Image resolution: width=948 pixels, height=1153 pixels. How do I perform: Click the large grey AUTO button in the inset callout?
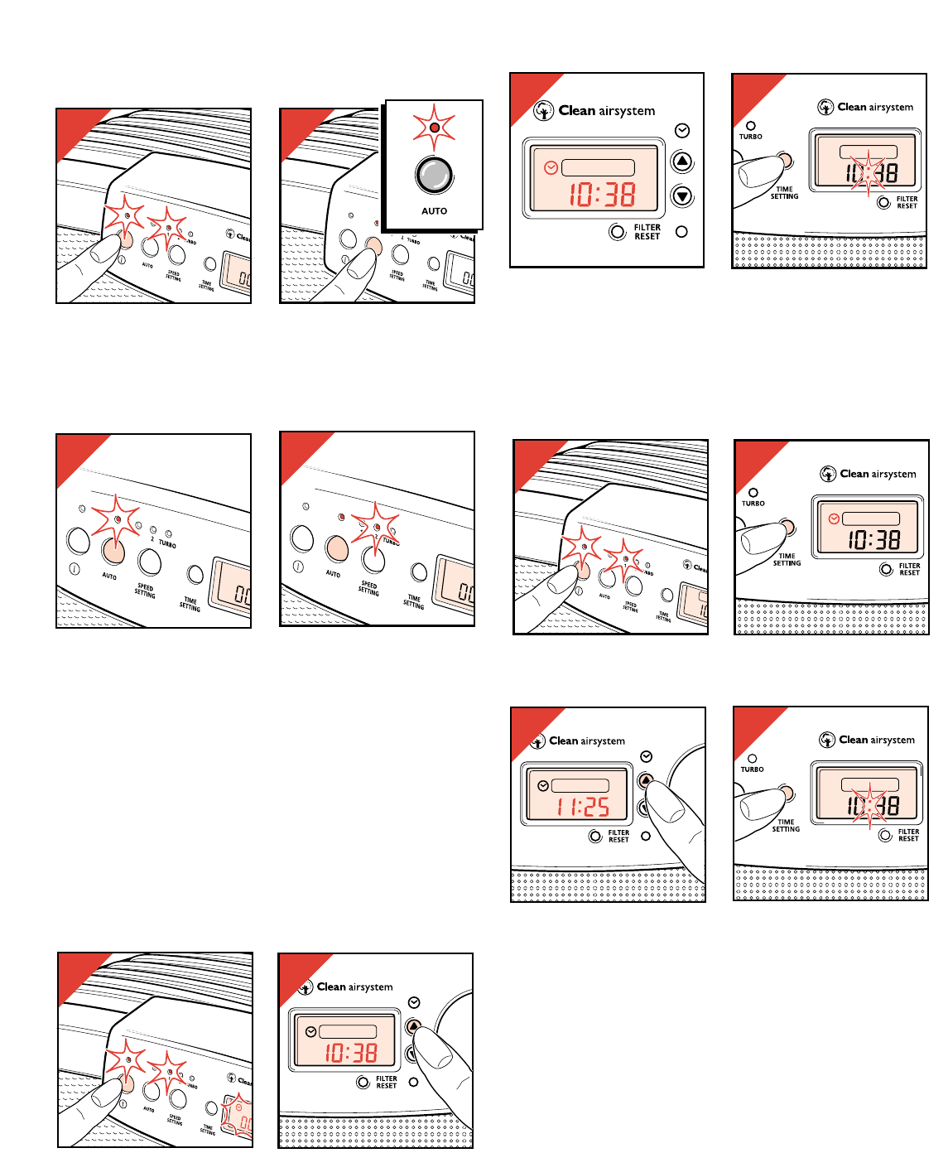(x=434, y=175)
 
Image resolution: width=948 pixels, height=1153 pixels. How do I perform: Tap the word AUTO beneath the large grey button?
(x=434, y=211)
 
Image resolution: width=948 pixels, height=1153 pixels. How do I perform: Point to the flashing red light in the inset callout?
(x=434, y=128)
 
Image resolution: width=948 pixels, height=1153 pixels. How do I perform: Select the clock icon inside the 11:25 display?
(x=543, y=786)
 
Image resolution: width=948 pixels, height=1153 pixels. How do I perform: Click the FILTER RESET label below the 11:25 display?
(x=618, y=836)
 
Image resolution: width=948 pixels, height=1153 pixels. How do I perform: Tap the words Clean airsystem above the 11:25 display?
(x=587, y=741)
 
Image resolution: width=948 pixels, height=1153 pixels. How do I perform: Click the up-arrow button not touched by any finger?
(x=681, y=162)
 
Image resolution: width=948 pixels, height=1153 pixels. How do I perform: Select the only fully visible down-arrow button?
(x=681, y=196)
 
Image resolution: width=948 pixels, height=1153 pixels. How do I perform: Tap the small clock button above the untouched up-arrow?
(x=682, y=131)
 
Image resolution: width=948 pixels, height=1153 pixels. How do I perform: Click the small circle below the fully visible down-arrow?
(x=681, y=232)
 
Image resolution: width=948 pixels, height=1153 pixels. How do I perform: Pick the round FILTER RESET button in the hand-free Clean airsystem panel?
(x=617, y=232)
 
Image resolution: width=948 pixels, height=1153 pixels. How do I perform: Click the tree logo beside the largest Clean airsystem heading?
(x=543, y=111)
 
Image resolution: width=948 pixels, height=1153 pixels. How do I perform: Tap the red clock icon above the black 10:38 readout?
(x=834, y=519)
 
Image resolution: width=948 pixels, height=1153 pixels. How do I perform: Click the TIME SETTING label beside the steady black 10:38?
(x=787, y=560)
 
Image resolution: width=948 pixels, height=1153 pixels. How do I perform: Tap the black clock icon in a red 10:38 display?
(x=310, y=1032)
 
